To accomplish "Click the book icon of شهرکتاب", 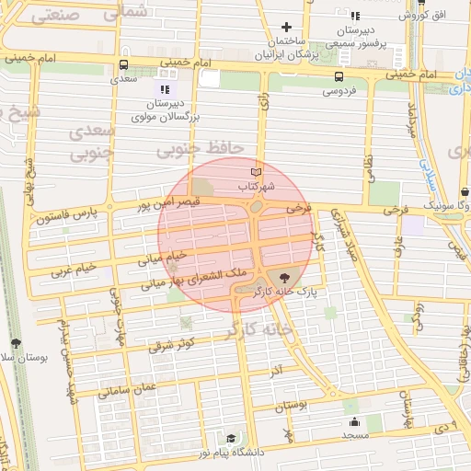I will pos(257,172).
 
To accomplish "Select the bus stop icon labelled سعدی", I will pos(123,64).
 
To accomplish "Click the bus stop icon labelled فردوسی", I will pos(339,76).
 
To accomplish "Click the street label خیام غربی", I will pos(75,268).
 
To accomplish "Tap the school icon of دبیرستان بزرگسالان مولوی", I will pos(165,89).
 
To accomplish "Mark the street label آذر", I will pos(275,368).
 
